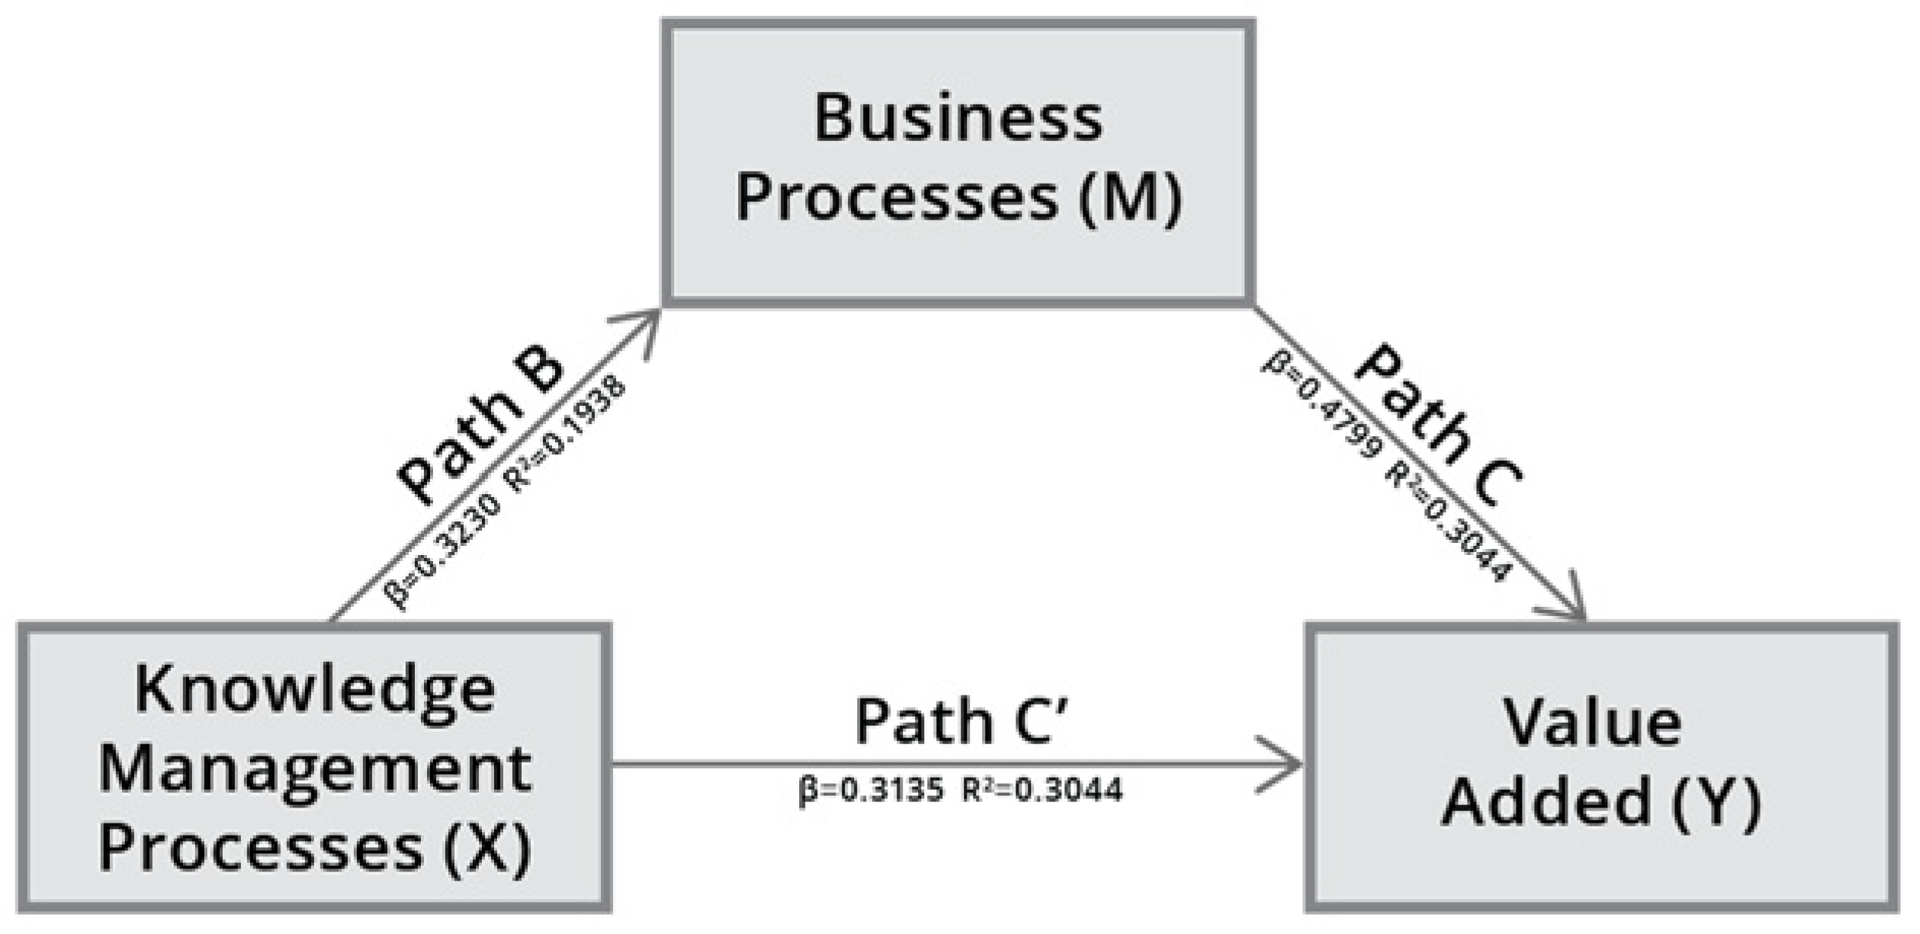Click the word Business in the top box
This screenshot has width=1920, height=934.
click(958, 118)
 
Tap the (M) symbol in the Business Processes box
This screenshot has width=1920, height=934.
click(1130, 198)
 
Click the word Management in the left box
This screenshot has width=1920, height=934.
click(315, 771)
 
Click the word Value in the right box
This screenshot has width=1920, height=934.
click(1592, 722)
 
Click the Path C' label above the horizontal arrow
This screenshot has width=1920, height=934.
click(962, 721)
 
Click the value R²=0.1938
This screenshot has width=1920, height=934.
click(566, 435)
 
